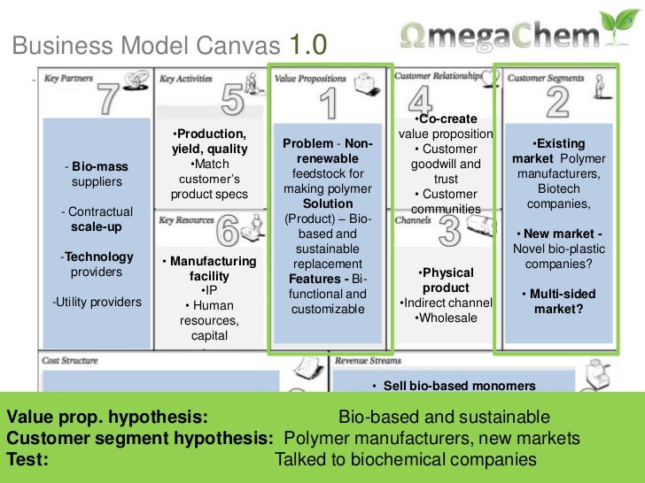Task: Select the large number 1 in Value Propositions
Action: (329, 103)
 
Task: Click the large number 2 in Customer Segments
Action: (557, 102)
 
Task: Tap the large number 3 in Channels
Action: (449, 232)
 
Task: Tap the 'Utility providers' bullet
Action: (97, 302)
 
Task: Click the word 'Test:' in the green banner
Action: (27, 459)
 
